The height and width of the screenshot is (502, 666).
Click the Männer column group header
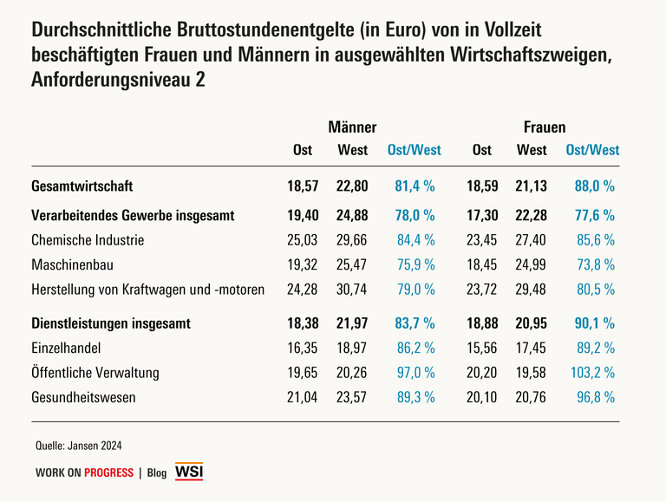352,127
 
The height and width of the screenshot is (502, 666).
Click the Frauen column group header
545,127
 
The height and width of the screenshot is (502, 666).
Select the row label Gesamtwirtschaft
82,186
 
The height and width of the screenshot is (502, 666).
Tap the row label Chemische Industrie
87,240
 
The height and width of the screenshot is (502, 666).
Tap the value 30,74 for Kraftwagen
352,290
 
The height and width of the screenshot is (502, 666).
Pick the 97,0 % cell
415,373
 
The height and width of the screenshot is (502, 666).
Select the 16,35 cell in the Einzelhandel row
303,348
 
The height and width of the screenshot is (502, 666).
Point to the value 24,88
352,214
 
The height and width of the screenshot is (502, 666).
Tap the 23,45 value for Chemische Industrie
482,240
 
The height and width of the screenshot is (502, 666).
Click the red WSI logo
188,471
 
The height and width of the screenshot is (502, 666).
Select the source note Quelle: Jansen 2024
78,446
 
